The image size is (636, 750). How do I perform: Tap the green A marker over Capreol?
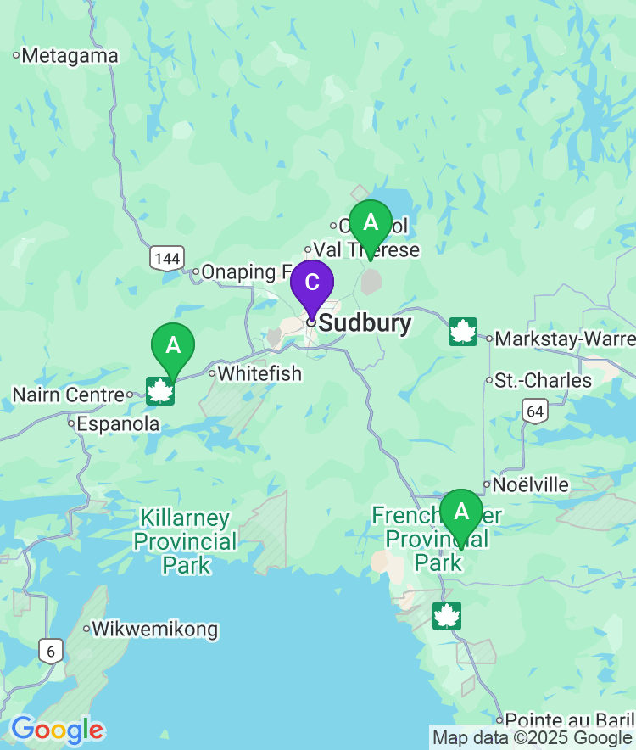(x=370, y=224)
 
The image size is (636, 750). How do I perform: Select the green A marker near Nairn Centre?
(x=173, y=347)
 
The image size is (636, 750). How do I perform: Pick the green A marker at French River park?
(x=460, y=512)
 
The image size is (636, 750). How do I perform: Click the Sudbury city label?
(x=365, y=323)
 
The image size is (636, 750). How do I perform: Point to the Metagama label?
(x=70, y=56)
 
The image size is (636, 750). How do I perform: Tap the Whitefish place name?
(x=259, y=373)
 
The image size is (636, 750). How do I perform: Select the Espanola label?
(x=118, y=423)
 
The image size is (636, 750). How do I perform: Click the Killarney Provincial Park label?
(x=185, y=541)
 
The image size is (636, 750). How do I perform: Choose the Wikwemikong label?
(x=154, y=630)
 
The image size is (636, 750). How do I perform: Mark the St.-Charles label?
(x=543, y=380)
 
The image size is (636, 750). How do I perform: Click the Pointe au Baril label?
(x=568, y=719)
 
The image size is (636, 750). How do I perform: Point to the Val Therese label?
(x=366, y=250)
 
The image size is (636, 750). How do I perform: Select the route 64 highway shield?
(x=534, y=411)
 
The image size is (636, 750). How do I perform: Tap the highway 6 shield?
(x=51, y=652)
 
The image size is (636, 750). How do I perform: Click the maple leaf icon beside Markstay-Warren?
(x=462, y=332)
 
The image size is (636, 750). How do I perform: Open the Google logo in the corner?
(x=57, y=730)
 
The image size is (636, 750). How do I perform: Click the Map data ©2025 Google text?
(x=533, y=738)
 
